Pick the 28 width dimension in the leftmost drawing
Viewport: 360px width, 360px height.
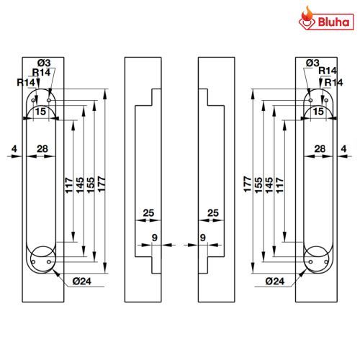click(42, 149)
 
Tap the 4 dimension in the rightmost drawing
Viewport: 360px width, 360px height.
click(343, 149)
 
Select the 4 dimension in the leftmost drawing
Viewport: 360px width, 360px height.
click(14, 149)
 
